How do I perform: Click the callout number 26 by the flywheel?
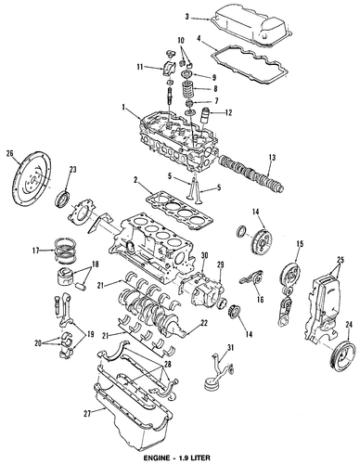pyautogui.click(x=10, y=153)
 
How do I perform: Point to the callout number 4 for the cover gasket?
pyautogui.click(x=199, y=39)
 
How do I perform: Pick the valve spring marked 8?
pyautogui.click(x=188, y=90)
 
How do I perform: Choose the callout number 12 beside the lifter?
pyautogui.click(x=228, y=112)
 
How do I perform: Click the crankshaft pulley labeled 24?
pyautogui.click(x=344, y=355)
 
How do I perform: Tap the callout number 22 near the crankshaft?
pyautogui.click(x=204, y=323)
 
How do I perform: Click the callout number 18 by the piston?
pyautogui.click(x=95, y=264)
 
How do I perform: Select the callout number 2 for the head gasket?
pyautogui.click(x=135, y=179)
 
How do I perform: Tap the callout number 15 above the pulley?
pyautogui.click(x=300, y=243)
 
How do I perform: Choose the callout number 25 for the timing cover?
pyautogui.click(x=341, y=259)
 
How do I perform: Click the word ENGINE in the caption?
pyautogui.click(x=156, y=458)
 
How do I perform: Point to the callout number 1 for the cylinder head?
pyautogui.click(x=123, y=108)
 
